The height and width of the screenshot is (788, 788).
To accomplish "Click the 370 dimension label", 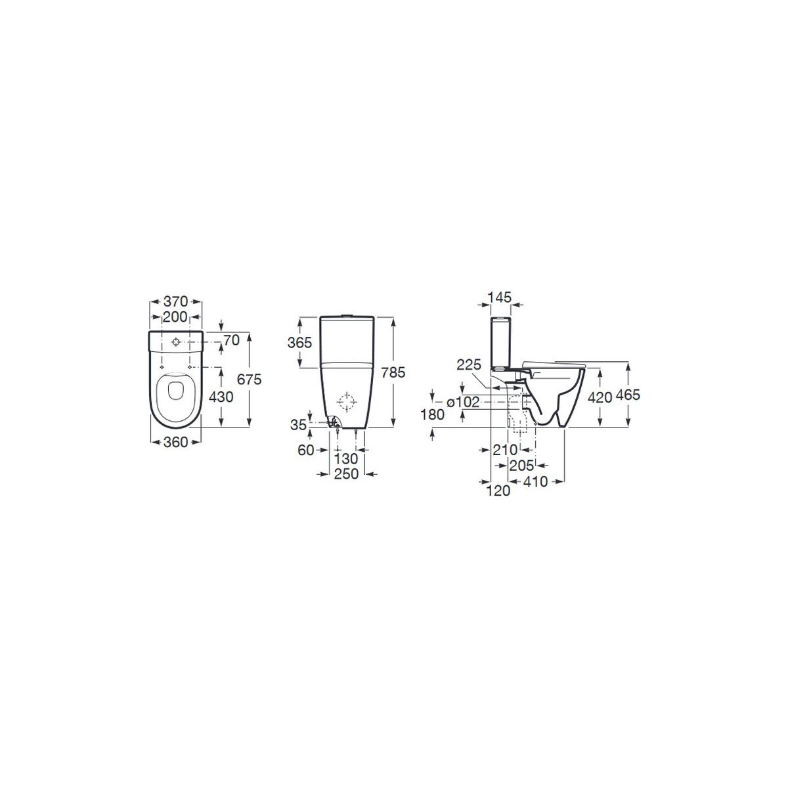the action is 175,301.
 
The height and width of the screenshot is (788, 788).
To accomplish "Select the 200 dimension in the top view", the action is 175,317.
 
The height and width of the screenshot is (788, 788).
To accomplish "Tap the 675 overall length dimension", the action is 249,380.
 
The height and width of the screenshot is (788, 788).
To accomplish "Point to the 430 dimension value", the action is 221,397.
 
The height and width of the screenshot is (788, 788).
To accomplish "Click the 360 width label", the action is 175,442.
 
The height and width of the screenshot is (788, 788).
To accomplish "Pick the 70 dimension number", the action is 231,339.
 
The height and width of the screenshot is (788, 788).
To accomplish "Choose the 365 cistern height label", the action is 299,342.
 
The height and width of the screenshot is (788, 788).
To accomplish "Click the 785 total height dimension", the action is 393,372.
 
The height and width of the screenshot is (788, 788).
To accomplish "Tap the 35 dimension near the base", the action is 298,425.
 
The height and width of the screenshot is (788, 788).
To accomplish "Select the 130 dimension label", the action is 346,458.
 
